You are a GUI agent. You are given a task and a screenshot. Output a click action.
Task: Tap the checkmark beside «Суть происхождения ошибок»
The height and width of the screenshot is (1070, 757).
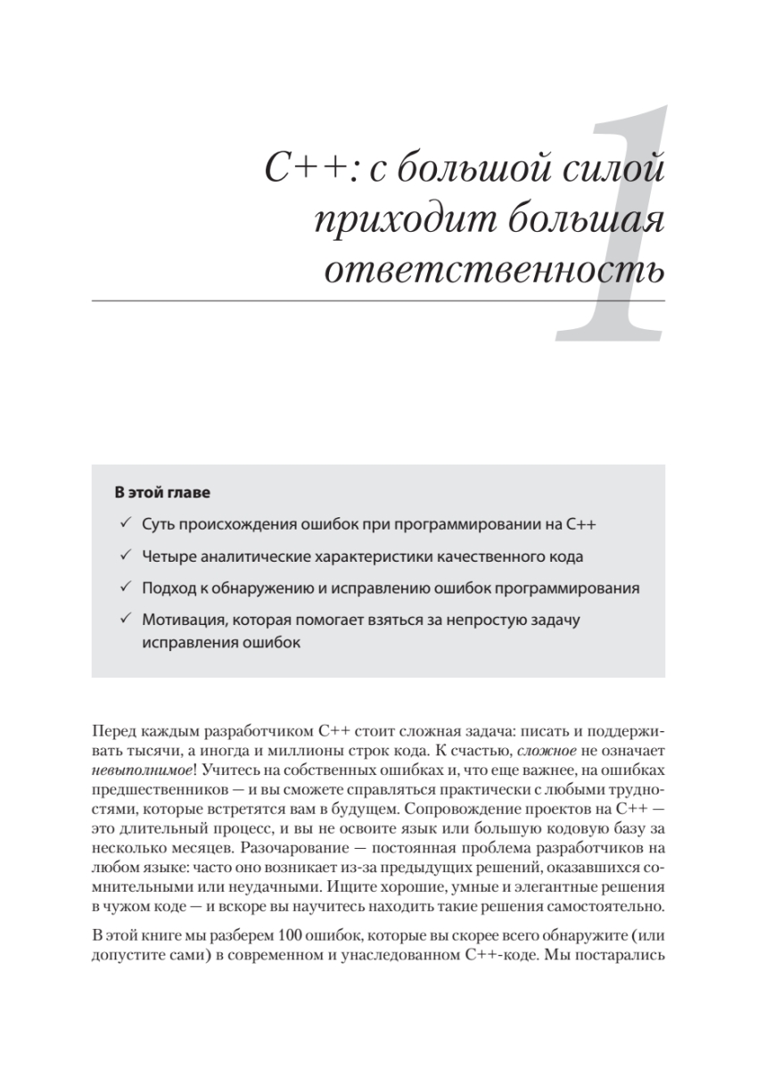click(x=126, y=524)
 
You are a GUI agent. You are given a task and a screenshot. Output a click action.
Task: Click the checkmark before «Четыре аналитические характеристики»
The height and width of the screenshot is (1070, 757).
click(x=126, y=556)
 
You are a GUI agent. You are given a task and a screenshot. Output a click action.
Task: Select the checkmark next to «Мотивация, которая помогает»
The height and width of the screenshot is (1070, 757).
click(x=126, y=621)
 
